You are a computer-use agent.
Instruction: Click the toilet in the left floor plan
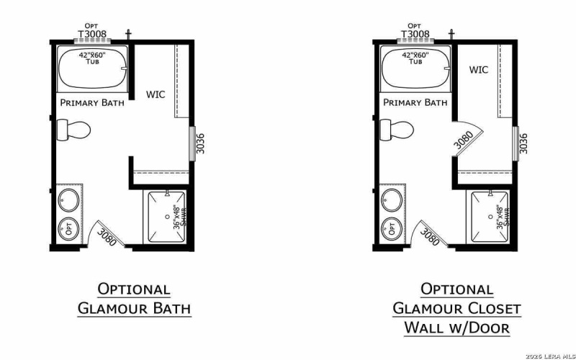[x=73, y=130]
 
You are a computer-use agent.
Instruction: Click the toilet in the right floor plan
[x=397, y=130]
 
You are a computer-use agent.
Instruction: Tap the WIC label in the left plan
[x=156, y=94]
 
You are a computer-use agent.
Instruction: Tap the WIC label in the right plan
[x=479, y=70]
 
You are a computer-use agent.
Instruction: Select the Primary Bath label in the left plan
[x=92, y=103]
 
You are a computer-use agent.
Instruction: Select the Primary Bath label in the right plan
[x=415, y=103]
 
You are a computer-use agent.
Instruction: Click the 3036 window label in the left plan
[x=202, y=143]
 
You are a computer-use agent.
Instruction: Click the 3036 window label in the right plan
[x=524, y=143]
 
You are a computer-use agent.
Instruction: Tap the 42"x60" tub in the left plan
[x=92, y=66]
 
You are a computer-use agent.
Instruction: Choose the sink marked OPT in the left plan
[x=69, y=229]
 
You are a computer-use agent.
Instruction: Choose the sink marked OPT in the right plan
[x=392, y=229]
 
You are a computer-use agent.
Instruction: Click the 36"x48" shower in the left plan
[x=167, y=217]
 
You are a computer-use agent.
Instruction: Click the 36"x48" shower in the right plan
[x=490, y=217]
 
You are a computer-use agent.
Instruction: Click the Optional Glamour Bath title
[x=135, y=299]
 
